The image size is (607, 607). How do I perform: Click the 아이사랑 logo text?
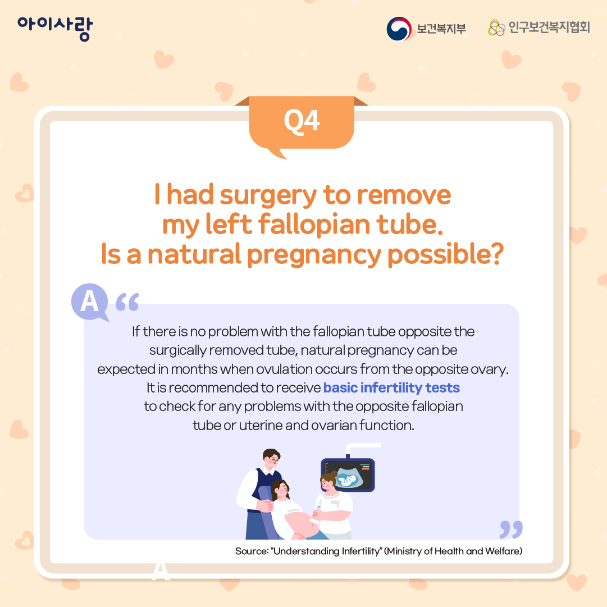click(55, 28)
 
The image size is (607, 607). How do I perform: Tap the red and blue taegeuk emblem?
click(399, 29)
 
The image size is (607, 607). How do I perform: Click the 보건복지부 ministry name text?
click(441, 29)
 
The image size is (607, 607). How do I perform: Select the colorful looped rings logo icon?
click(496, 28)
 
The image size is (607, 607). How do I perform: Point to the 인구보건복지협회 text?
click(549, 27)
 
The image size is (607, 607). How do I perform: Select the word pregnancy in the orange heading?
click(314, 255)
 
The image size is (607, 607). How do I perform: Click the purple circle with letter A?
click(90, 302)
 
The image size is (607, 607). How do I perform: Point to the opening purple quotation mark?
click(127, 302)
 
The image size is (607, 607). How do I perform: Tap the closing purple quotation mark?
click(511, 529)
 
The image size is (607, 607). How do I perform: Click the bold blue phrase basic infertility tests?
click(391, 387)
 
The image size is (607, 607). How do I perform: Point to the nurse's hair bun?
click(334, 474)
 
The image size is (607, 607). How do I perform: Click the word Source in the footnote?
click(252, 551)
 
